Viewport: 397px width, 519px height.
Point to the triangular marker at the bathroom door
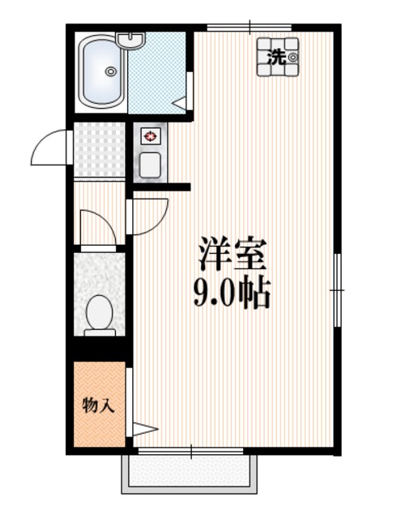pyautogui.click(x=180, y=103)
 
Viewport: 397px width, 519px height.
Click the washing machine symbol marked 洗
pyautogui.click(x=278, y=57)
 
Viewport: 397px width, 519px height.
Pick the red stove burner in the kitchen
pyautogui.click(x=150, y=137)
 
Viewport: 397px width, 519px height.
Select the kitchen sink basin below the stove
pyautogui.click(x=150, y=165)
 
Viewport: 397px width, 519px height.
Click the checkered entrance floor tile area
pyautogui.click(x=99, y=151)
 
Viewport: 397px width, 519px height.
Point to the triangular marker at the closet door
pyautogui.click(x=143, y=429)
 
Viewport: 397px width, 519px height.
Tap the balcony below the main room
pyautogui.click(x=189, y=472)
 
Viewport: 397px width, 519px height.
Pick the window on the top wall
pyautogui.click(x=249, y=28)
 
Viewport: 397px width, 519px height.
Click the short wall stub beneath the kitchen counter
pyautogui.click(x=161, y=187)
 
